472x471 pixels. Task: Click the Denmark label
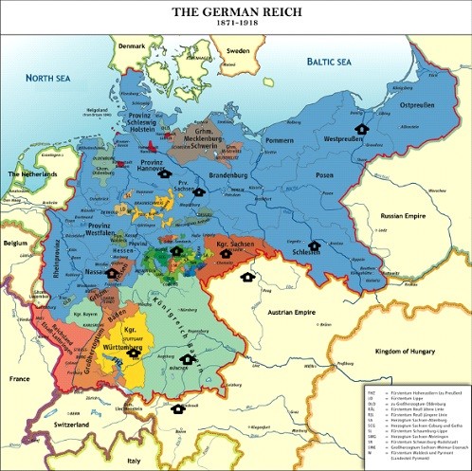[x=133, y=46]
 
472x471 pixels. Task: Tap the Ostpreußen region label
[x=418, y=105]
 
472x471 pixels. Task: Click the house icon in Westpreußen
[x=360, y=129]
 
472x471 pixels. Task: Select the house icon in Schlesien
[x=314, y=245]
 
